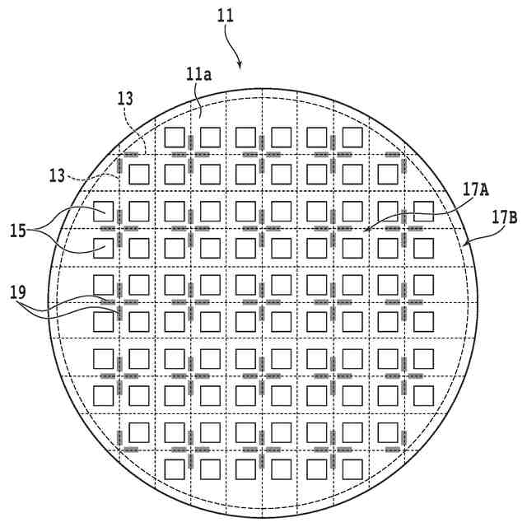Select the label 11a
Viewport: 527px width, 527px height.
[x=198, y=75]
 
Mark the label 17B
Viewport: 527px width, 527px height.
[x=505, y=217]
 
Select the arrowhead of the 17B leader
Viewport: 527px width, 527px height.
[x=465, y=246]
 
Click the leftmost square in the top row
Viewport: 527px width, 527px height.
[x=175, y=137]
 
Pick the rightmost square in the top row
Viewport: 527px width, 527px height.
[x=352, y=137]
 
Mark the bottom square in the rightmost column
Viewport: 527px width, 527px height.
[x=423, y=395]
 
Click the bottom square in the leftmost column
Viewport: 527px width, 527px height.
[x=104, y=395]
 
